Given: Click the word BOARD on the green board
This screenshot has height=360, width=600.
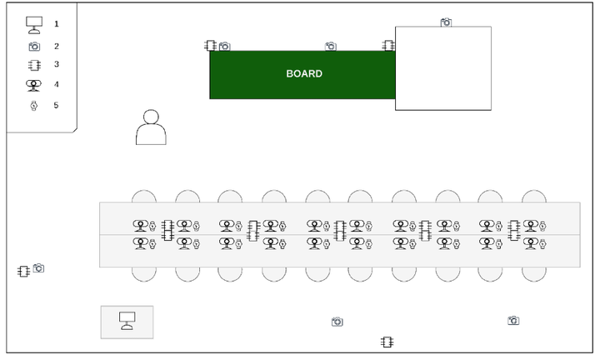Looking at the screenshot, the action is [x=304, y=74].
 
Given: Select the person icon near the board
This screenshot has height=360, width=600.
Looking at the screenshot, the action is [x=151, y=127].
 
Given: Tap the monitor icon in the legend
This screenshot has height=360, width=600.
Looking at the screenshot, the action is [x=34, y=24].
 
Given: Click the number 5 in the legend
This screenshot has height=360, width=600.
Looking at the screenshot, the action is [x=56, y=105].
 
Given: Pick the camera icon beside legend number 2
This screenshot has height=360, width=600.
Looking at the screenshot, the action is [x=34, y=47].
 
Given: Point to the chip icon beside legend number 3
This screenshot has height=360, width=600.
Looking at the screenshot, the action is [x=34, y=65].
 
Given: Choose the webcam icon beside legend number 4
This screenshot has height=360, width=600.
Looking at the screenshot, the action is [x=34, y=84].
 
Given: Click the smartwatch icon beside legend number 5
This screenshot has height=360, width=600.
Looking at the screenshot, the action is [x=34, y=105].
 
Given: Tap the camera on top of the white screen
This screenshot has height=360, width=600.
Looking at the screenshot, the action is [x=446, y=22].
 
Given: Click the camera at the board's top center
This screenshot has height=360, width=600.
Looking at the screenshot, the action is [x=331, y=47].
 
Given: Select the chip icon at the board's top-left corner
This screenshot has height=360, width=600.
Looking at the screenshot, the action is [x=211, y=46].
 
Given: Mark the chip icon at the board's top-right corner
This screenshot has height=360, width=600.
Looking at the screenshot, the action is [x=387, y=45].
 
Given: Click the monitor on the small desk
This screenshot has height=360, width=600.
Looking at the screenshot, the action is [x=127, y=320].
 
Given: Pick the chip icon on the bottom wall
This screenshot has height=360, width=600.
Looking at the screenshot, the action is [x=387, y=342].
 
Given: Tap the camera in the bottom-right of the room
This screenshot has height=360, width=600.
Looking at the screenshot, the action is [x=513, y=320].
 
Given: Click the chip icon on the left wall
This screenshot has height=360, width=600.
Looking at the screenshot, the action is [x=23, y=271].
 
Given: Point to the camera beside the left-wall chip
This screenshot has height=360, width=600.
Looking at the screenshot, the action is [x=38, y=268].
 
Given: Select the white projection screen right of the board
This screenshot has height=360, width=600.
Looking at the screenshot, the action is [x=442, y=68].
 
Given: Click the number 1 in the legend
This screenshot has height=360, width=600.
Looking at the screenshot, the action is [x=56, y=24].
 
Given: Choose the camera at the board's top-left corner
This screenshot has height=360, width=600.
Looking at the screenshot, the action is [x=224, y=47].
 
